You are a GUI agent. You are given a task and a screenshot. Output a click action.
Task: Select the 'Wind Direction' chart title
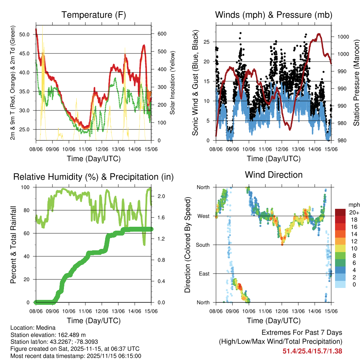tap(274, 175)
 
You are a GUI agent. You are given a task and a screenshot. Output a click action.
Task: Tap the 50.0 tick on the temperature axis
tap(25, 34)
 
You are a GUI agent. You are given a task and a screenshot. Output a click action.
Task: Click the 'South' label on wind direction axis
tap(203, 245)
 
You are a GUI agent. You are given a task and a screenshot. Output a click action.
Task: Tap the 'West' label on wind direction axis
tap(204, 216)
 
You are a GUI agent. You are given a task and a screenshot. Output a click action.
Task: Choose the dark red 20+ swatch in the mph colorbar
tap(340, 212)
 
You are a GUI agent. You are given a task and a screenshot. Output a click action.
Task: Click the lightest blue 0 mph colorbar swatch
tap(340, 284)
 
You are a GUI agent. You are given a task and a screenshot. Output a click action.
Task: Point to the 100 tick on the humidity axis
tap(27, 187)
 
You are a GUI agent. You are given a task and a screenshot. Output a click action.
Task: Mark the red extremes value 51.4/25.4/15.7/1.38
tap(312, 351)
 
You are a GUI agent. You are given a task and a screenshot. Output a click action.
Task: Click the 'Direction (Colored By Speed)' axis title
tap(188, 245)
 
